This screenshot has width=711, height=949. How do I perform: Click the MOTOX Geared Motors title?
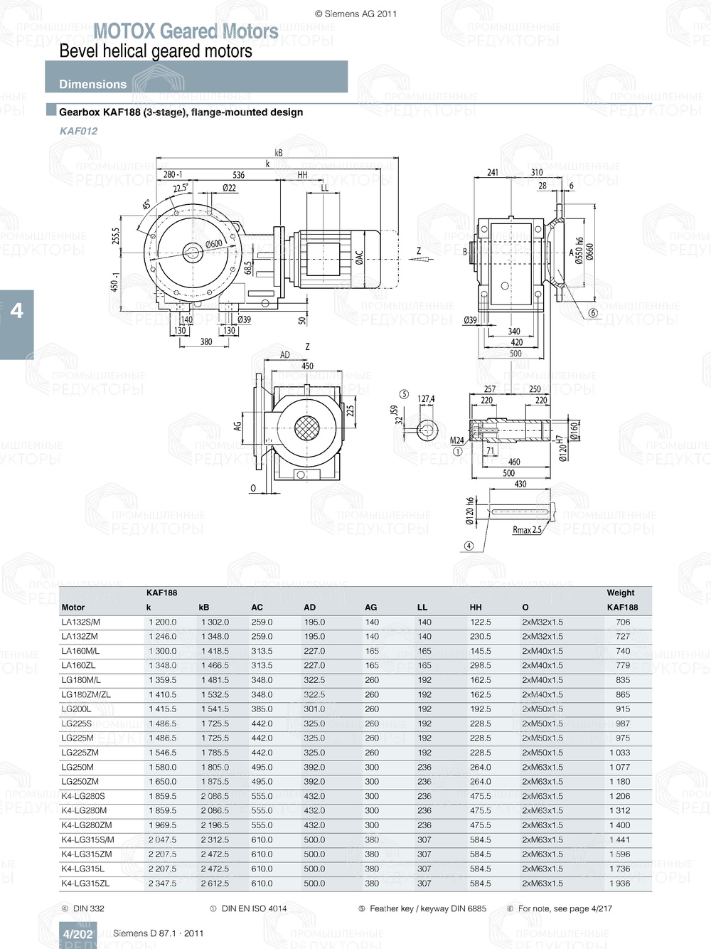click(186, 31)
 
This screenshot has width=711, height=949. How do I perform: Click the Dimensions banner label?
click(92, 84)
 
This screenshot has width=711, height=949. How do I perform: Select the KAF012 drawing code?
click(79, 131)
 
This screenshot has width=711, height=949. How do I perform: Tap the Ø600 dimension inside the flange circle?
click(213, 244)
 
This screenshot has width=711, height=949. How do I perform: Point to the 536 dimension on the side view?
click(238, 175)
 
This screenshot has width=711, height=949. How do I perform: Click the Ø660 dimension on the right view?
click(590, 253)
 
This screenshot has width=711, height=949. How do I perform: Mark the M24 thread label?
click(456, 440)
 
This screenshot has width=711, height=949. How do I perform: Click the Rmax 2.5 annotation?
click(527, 530)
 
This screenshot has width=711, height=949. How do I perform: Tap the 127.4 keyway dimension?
click(426, 399)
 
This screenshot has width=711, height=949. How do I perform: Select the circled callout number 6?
click(593, 313)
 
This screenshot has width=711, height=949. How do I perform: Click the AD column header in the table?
click(310, 608)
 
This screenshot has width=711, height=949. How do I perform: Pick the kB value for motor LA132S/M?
click(215, 622)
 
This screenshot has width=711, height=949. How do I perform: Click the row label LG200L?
click(76, 709)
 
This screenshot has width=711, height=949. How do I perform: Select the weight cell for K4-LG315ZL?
click(619, 884)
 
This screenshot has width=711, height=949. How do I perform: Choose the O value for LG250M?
click(542, 768)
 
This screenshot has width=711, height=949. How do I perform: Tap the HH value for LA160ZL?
click(480, 666)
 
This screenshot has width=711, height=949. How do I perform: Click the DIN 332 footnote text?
click(88, 908)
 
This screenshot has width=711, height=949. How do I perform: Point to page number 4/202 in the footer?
click(77, 934)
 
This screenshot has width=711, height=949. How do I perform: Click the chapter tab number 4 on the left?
click(16, 311)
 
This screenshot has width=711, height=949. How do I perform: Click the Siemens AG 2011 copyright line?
click(355, 14)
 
